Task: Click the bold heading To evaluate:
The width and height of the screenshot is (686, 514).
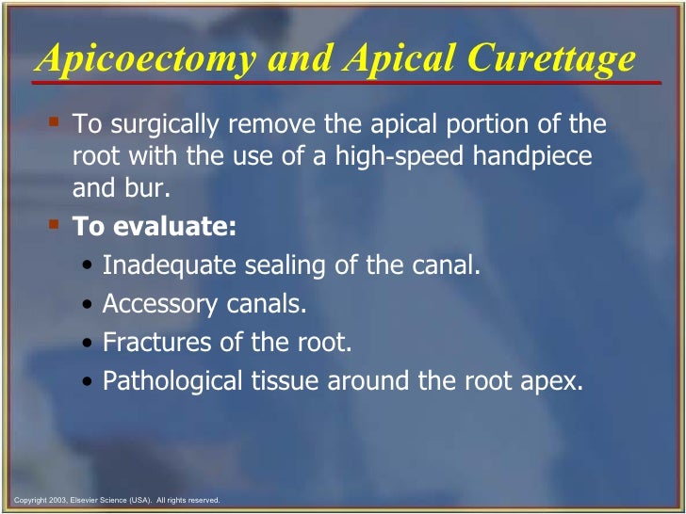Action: coord(155,228)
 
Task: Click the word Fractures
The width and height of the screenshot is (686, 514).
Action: coord(150,344)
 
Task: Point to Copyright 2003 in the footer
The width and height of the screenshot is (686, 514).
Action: coord(36,500)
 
